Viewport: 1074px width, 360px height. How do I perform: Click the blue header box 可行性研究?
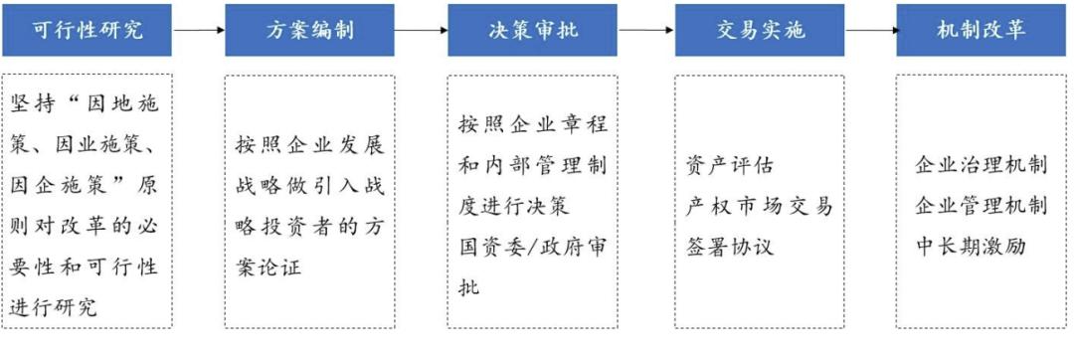click(87, 30)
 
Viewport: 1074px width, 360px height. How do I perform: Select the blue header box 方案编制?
click(309, 30)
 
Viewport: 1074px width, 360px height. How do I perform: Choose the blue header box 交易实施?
click(760, 30)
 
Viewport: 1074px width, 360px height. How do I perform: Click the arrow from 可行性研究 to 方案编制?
click(199, 30)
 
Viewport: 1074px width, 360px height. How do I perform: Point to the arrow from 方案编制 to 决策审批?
click(422, 30)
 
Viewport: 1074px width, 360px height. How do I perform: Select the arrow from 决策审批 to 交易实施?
click(646, 30)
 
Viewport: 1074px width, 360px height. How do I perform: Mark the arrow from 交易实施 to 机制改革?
click(871, 30)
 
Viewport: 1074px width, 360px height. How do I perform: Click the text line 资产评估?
click(729, 164)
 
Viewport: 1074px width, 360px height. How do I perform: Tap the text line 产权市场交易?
click(759, 206)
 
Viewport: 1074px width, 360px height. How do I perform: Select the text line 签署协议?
click(729, 246)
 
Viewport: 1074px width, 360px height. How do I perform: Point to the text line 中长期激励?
click(970, 246)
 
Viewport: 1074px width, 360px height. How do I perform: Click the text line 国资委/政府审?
click(532, 247)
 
